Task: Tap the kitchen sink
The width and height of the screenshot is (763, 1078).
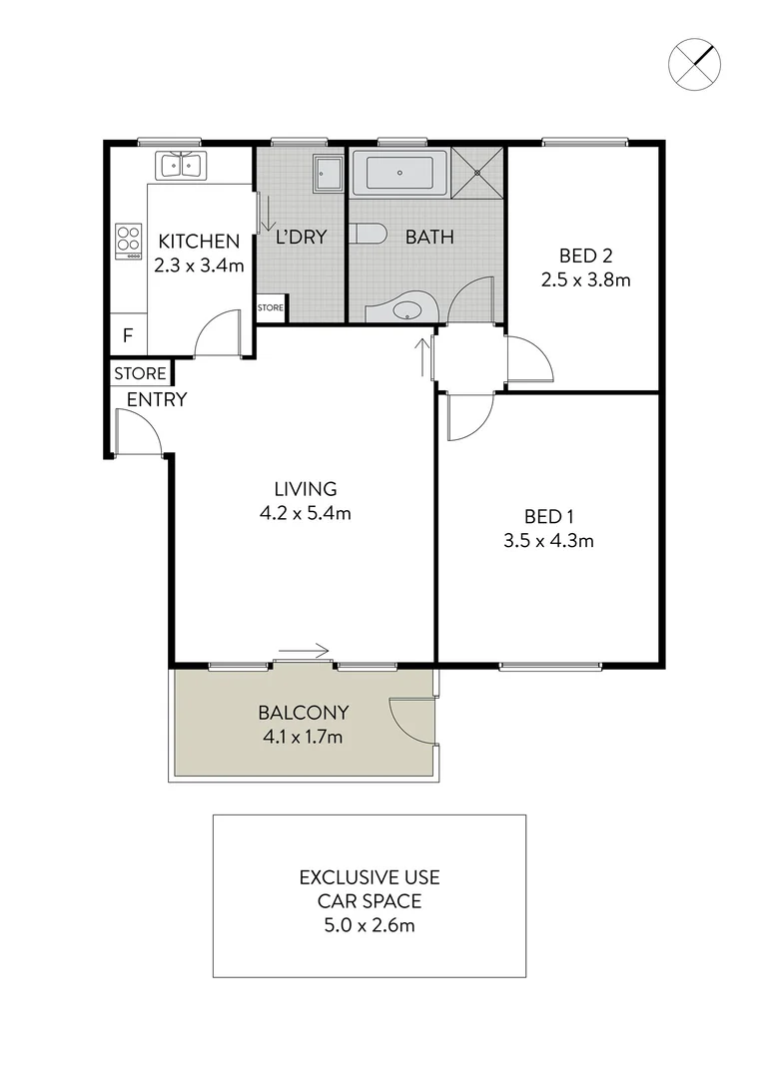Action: [181, 166]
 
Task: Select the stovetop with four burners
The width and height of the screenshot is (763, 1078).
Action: [129, 241]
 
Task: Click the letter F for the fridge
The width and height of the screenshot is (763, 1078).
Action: [127, 335]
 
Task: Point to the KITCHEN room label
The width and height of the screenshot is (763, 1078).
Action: [199, 241]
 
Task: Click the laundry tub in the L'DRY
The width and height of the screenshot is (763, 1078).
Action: [328, 172]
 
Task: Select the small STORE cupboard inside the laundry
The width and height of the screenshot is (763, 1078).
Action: [271, 308]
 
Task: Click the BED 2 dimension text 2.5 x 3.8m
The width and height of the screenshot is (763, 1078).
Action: [585, 279]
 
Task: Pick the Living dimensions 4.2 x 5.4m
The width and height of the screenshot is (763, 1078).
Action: [306, 514]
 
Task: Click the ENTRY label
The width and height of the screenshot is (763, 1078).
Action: [157, 400]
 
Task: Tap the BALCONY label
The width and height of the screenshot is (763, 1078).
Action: [303, 713]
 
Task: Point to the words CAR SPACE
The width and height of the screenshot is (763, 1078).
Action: [370, 901]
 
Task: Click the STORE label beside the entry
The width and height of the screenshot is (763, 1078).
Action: [140, 373]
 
